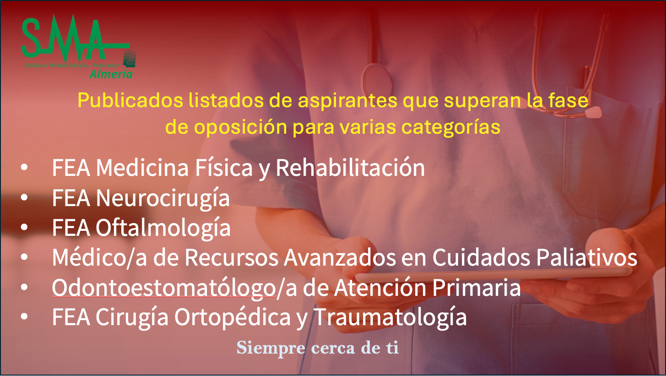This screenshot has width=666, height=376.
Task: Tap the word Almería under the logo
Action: [111, 74]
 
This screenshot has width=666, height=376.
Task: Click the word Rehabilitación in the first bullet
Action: [350, 168]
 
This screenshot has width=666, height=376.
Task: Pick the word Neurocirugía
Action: [162, 198]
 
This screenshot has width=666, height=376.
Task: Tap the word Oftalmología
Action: [162, 228]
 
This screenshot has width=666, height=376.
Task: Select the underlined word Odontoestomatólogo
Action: [163, 288]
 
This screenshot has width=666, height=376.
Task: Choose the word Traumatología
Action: [390, 317]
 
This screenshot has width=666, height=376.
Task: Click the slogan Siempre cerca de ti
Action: [317, 348]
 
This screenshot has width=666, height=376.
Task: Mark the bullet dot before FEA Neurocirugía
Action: [25, 198]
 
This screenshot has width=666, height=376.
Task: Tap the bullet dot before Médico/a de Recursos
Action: [25, 258]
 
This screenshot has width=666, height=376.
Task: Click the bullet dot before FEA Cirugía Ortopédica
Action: [25, 318]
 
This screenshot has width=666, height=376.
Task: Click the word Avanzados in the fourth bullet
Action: [339, 258]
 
